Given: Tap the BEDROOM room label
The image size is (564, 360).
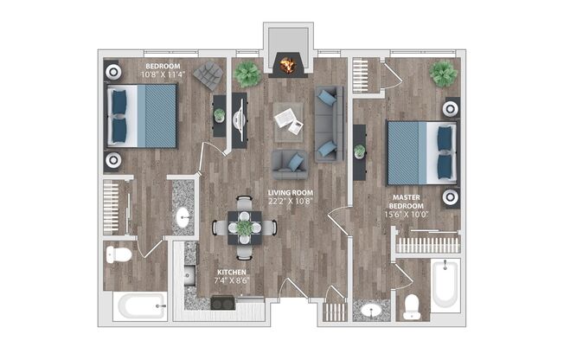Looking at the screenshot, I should coord(163,67).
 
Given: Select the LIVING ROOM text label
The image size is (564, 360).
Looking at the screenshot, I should coord(290,192).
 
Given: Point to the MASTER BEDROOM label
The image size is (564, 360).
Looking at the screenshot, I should coord(407,202).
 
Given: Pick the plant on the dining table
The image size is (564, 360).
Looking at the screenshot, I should coord(245,227).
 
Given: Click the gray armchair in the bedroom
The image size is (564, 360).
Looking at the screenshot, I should coord(208,76).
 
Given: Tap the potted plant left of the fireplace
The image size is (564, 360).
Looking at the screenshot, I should coord(247,74).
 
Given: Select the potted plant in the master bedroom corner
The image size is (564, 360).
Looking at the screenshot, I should coord(444,74).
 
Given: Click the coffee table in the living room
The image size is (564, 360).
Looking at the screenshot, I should coord(288,120).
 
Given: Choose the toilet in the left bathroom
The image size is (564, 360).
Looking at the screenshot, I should coord(119,254).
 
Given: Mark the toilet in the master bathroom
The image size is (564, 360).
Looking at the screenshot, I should coord(413,305).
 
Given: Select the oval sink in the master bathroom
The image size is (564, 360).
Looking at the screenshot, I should coord(372,309).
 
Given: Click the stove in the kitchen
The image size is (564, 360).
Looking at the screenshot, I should coord(222,303).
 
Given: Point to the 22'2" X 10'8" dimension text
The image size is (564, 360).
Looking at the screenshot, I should coord(290,201).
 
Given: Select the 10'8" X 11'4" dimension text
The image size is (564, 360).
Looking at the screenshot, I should coord(163,75).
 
